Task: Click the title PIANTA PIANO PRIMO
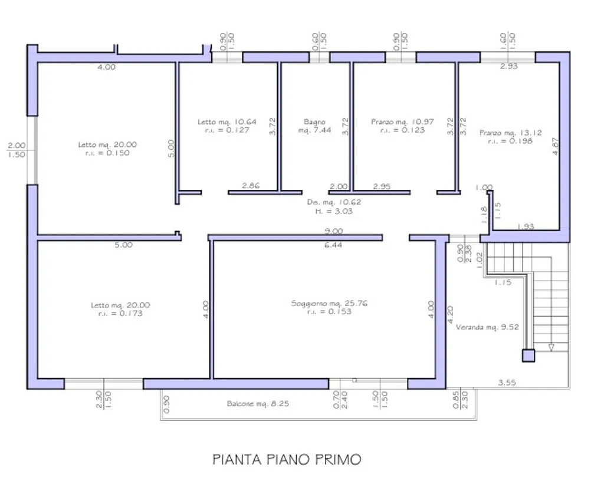(x=287, y=459)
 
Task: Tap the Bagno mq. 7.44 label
(x=314, y=126)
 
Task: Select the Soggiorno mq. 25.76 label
(x=329, y=303)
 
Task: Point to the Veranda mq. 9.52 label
(x=487, y=327)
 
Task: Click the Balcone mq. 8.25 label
(x=258, y=404)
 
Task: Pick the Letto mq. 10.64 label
(x=227, y=121)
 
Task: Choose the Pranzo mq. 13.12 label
(x=510, y=133)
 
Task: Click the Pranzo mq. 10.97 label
(x=402, y=121)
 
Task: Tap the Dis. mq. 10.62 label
(x=334, y=202)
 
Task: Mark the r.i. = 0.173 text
(x=120, y=314)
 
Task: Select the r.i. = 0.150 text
(x=107, y=153)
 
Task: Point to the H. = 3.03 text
(x=334, y=211)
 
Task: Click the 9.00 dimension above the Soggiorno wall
(x=334, y=231)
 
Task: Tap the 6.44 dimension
(x=333, y=245)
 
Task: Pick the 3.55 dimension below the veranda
(x=507, y=383)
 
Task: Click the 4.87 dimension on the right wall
(x=555, y=146)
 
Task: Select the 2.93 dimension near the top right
(x=509, y=66)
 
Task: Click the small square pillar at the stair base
(x=528, y=356)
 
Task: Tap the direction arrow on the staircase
(x=552, y=347)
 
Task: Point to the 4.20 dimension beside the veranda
(x=450, y=315)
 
